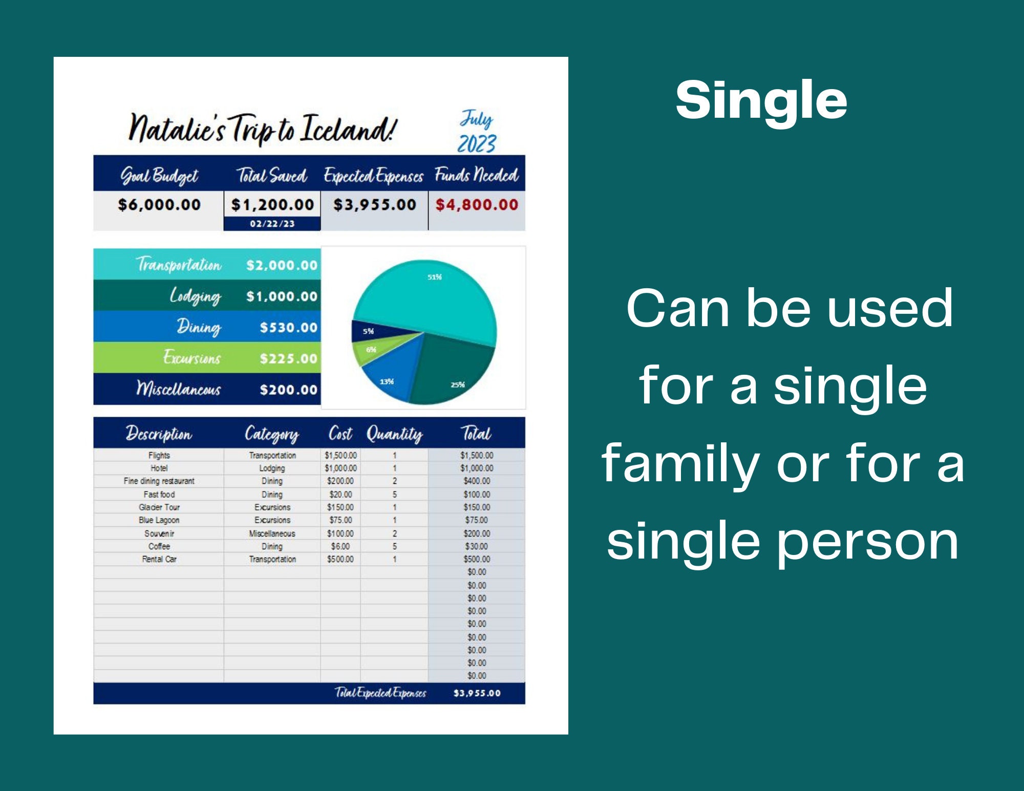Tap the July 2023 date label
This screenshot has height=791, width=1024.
coord(477,132)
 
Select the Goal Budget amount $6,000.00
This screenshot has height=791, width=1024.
coord(159,205)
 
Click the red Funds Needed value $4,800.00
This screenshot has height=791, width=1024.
coord(477,205)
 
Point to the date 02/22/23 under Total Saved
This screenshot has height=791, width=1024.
coord(272,224)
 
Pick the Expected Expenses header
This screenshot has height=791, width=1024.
coord(374,176)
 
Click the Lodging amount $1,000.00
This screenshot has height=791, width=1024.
coord(282,296)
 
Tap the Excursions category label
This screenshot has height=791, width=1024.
coord(192,357)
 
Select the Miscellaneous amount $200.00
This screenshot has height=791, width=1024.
coord(288,390)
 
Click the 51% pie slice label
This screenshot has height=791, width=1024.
coord(434,277)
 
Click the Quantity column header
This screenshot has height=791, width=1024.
coord(394,434)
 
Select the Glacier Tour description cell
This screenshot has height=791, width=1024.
coord(159,507)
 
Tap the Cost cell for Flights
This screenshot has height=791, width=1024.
coord(340,455)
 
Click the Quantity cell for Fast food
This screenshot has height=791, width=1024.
coord(394,495)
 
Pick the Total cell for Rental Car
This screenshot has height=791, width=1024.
coord(477,559)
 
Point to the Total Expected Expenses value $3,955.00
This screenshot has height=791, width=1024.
coord(477,693)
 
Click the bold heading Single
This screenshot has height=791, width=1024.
coord(761,100)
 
